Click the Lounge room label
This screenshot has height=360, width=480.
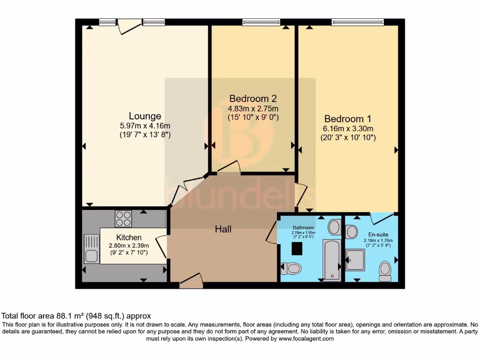coord(145,116)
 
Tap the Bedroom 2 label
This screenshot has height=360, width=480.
coord(253,98)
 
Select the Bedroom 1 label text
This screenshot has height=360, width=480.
coord(344,119)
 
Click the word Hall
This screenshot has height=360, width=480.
coord(223,229)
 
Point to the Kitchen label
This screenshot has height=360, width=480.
coord(129,238)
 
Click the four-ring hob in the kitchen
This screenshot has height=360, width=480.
coord(123,218)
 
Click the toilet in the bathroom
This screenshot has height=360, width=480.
coord(292,269)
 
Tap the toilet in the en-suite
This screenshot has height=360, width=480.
coord(385,271)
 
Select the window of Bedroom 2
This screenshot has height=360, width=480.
coord(261,22)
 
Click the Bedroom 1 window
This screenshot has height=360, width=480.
coord(357,22)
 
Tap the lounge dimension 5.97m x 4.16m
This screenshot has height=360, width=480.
coord(145,126)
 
